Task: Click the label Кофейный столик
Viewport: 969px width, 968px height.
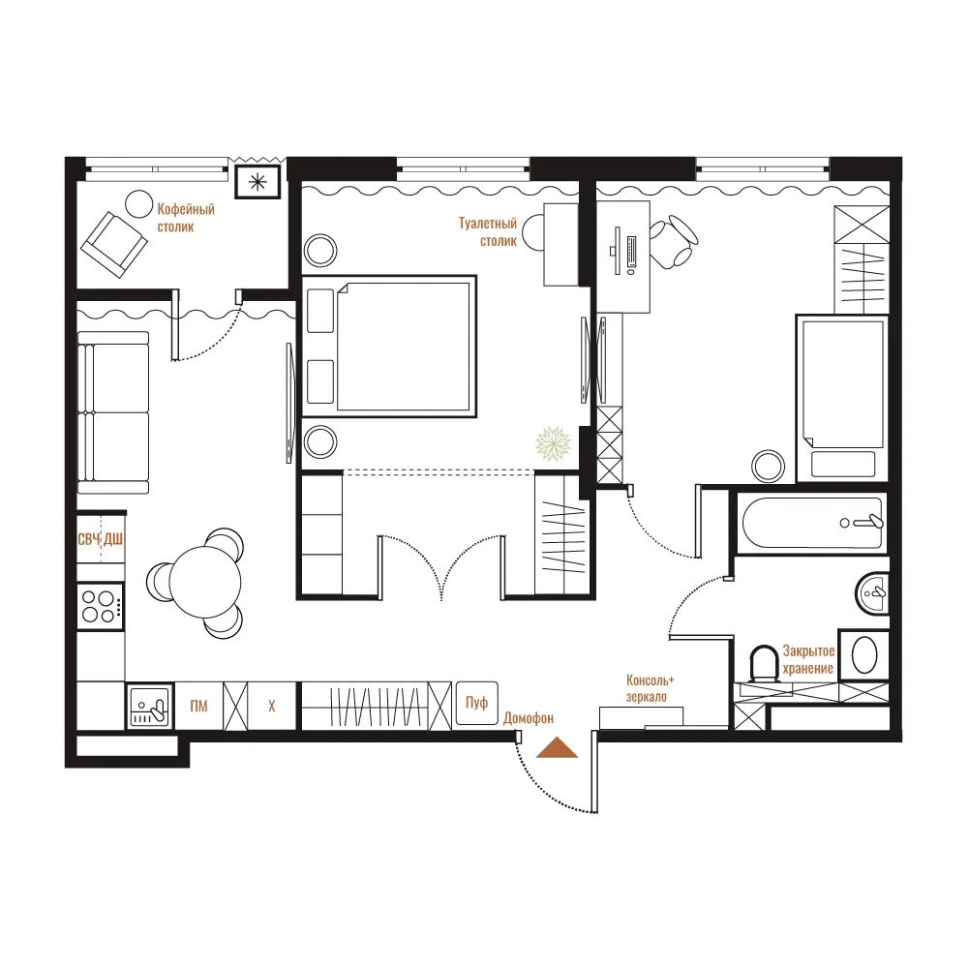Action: click(186, 218)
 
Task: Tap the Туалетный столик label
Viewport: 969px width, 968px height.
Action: click(488, 231)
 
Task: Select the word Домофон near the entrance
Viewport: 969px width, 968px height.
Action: click(528, 717)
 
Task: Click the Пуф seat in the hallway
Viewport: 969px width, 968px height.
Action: click(476, 703)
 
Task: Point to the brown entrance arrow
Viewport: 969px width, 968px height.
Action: click(557, 747)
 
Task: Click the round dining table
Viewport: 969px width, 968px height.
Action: click(204, 583)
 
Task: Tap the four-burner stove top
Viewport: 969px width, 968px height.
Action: click(100, 606)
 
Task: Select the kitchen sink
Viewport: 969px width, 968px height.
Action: click(150, 706)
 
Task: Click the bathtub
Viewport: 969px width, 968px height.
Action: click(812, 523)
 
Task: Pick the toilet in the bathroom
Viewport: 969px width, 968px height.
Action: click(764, 664)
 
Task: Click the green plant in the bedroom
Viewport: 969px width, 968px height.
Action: click(553, 443)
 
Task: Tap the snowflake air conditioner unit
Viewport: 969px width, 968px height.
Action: click(257, 182)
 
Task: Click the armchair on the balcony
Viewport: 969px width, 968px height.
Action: click(113, 245)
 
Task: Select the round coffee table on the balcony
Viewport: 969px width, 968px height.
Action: click(139, 204)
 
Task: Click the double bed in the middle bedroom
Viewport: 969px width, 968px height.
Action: click(389, 347)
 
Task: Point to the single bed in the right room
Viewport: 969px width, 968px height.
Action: click(842, 399)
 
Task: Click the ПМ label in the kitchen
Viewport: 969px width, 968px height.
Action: click(198, 706)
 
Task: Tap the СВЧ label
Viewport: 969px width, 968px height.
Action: click(89, 539)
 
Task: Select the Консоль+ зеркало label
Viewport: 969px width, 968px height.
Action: click(650, 688)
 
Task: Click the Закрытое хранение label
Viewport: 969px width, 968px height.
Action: click(808, 659)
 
